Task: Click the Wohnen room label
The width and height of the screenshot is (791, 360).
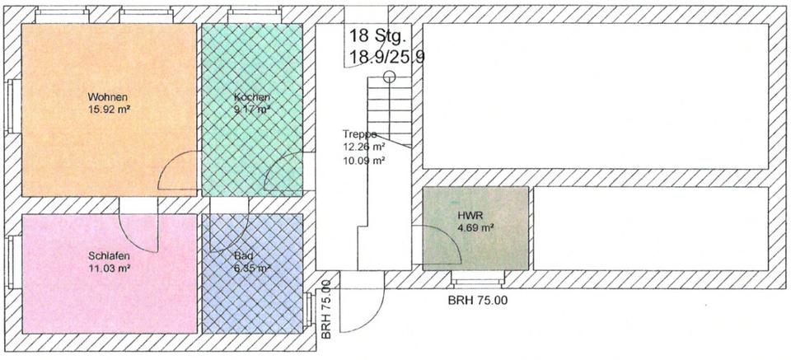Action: point(109,96)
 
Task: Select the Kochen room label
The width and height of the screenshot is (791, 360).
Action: point(251,97)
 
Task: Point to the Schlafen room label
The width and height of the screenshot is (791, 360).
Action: point(109,255)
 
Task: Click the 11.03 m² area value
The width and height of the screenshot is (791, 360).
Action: point(109,268)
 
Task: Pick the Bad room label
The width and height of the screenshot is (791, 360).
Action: point(243,256)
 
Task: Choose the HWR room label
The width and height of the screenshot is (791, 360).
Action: point(468,216)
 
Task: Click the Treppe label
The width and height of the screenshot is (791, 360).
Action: point(360,134)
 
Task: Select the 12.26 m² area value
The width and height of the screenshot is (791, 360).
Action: point(363,147)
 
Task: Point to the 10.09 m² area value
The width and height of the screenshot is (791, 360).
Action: point(363,161)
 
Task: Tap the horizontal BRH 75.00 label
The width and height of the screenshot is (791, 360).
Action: point(478,301)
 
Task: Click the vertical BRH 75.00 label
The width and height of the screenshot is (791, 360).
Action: point(326,310)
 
